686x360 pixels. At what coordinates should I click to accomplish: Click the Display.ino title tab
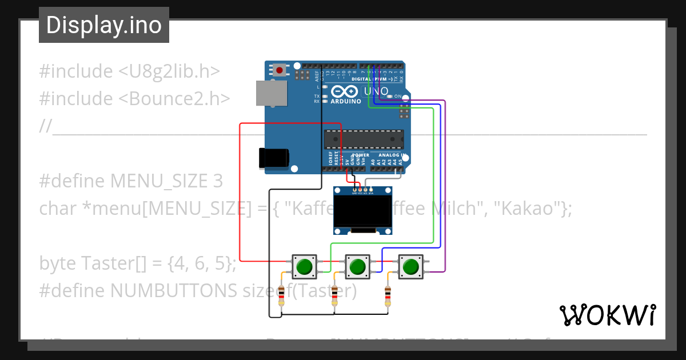point(103,25)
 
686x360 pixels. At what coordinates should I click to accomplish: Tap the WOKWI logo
point(607,315)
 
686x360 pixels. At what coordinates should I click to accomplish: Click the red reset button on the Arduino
point(280,70)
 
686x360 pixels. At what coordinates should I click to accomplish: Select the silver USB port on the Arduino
point(271,93)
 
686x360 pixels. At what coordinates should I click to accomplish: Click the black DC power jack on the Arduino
point(273,158)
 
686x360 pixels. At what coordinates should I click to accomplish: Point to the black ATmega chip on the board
point(364,139)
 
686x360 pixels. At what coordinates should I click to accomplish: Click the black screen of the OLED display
point(363,211)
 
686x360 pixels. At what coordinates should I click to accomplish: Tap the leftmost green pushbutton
point(304,266)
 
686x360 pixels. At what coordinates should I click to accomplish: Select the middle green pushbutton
point(357,266)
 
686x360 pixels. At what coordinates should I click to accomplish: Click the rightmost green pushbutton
point(410,266)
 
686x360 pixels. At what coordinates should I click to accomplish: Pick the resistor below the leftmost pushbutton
point(281,295)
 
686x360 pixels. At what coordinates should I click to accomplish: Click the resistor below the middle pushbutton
point(335,295)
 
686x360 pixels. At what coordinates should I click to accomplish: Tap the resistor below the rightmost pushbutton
point(388,295)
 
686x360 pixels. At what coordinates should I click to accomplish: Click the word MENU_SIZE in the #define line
point(159,181)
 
